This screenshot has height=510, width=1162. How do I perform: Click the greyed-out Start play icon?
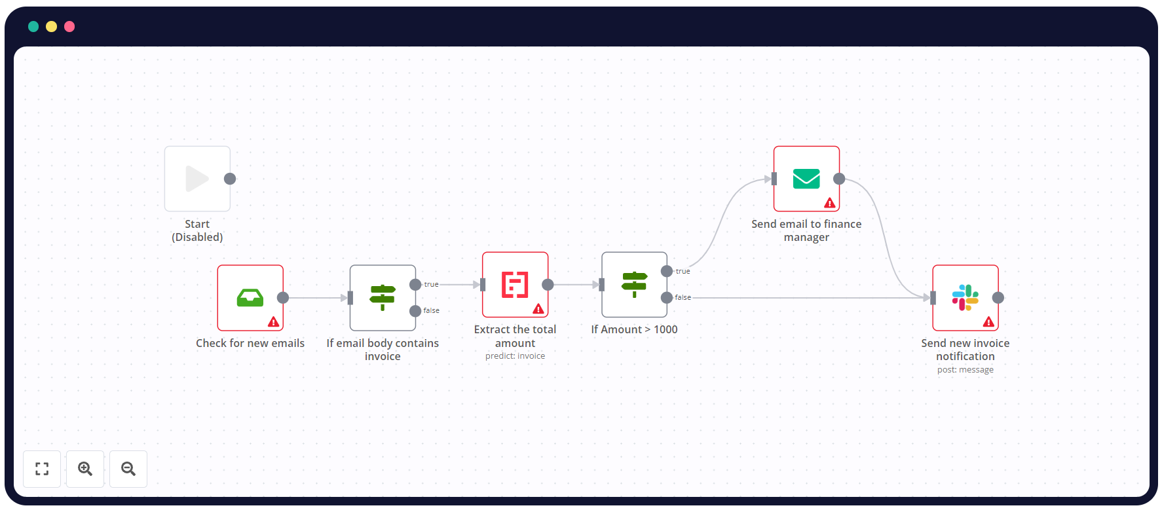(197, 179)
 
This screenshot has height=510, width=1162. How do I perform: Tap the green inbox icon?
(250, 298)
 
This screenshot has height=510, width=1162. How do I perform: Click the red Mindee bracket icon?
(515, 285)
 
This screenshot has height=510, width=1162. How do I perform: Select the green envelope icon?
(806, 179)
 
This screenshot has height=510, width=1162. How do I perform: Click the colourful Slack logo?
(965, 298)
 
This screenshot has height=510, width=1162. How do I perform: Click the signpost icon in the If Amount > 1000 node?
(634, 285)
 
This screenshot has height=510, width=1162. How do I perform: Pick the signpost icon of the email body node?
(383, 298)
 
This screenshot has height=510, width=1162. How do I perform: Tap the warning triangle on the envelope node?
(830, 203)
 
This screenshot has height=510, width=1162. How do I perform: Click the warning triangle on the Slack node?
(988, 322)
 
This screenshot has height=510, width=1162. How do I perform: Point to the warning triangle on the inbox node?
(274, 322)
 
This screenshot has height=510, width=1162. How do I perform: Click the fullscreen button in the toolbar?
(42, 469)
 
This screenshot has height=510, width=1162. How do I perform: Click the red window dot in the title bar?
(69, 27)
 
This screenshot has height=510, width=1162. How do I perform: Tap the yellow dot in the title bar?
(51, 27)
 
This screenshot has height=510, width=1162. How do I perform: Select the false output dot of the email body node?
(415, 311)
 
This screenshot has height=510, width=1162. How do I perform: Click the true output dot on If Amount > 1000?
(667, 271)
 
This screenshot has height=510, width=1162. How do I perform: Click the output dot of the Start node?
(230, 179)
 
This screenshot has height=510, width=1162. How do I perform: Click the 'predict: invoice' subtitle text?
(515, 356)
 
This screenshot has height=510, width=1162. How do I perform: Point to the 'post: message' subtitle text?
(965, 370)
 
